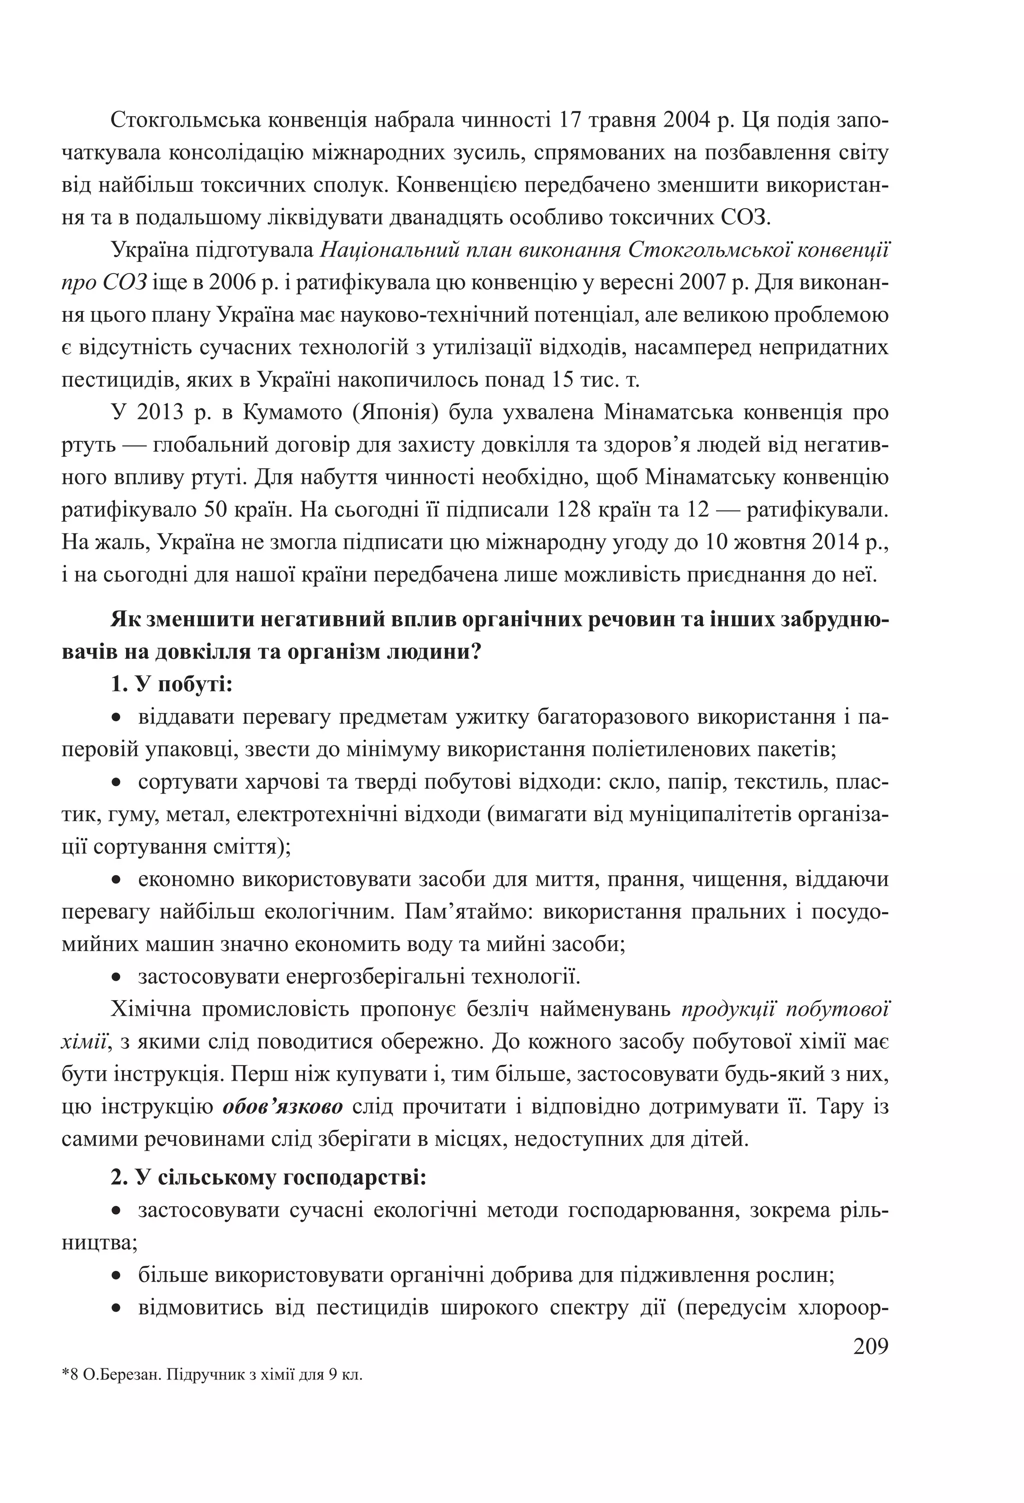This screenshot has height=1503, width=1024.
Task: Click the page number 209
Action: pyautogui.click(x=871, y=1346)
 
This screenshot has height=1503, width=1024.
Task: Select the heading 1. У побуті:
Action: pyautogui.click(x=171, y=684)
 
